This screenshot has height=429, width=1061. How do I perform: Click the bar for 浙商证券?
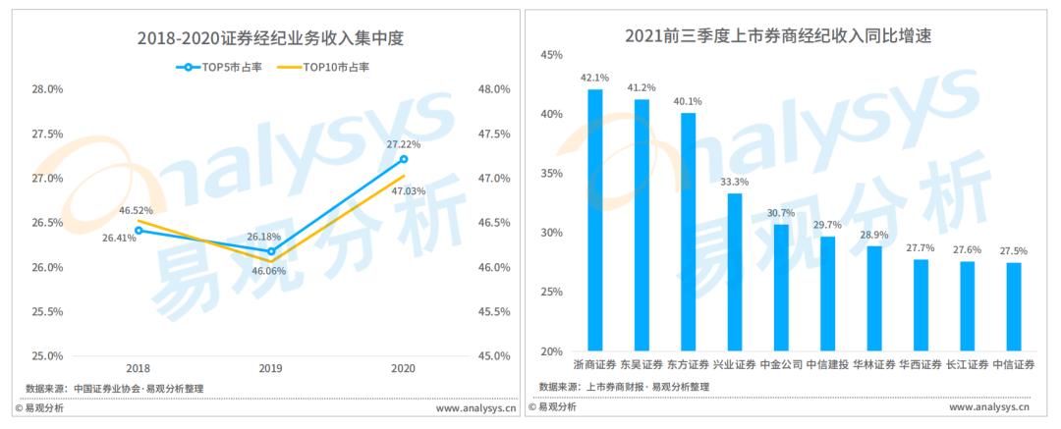pyautogui.click(x=594, y=221)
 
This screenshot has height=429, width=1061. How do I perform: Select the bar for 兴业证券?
pyautogui.click(x=735, y=273)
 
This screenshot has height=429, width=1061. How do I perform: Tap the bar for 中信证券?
pyautogui.click(x=1014, y=307)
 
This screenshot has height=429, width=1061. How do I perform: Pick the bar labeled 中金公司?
pyautogui.click(x=782, y=289)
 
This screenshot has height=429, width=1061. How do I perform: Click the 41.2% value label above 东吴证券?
pyautogui.click(x=642, y=87)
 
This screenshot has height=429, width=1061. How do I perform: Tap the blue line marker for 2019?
pyautogui.click(x=271, y=251)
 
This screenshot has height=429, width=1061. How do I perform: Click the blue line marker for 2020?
pyautogui.click(x=404, y=159)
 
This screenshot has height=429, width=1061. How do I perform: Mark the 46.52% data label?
pyautogui.click(x=136, y=210)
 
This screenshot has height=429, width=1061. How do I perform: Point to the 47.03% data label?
pyautogui.click(x=408, y=190)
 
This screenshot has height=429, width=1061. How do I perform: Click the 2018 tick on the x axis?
pyautogui.click(x=139, y=369)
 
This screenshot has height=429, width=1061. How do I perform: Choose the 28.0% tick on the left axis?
pyautogui.click(x=47, y=89)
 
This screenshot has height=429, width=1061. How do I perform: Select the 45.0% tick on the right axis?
pyautogui.click(x=494, y=356)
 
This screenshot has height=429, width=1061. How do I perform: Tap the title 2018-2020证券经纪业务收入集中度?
pyautogui.click(x=270, y=39)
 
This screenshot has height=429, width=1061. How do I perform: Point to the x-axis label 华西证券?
pyautogui.click(x=921, y=365)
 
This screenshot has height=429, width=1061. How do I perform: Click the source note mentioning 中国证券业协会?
pyautogui.click(x=114, y=389)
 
